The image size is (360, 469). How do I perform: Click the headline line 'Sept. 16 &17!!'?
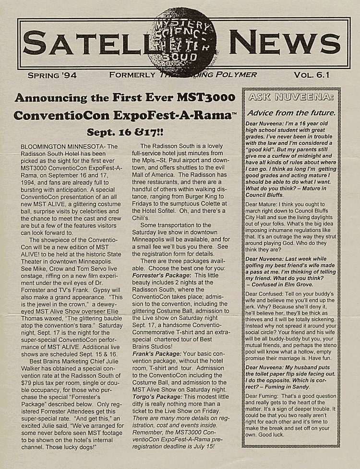click(x=125, y=132)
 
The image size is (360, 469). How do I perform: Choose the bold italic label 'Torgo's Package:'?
click(x=156, y=398)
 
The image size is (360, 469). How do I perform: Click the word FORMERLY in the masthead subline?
click(x=132, y=75)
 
